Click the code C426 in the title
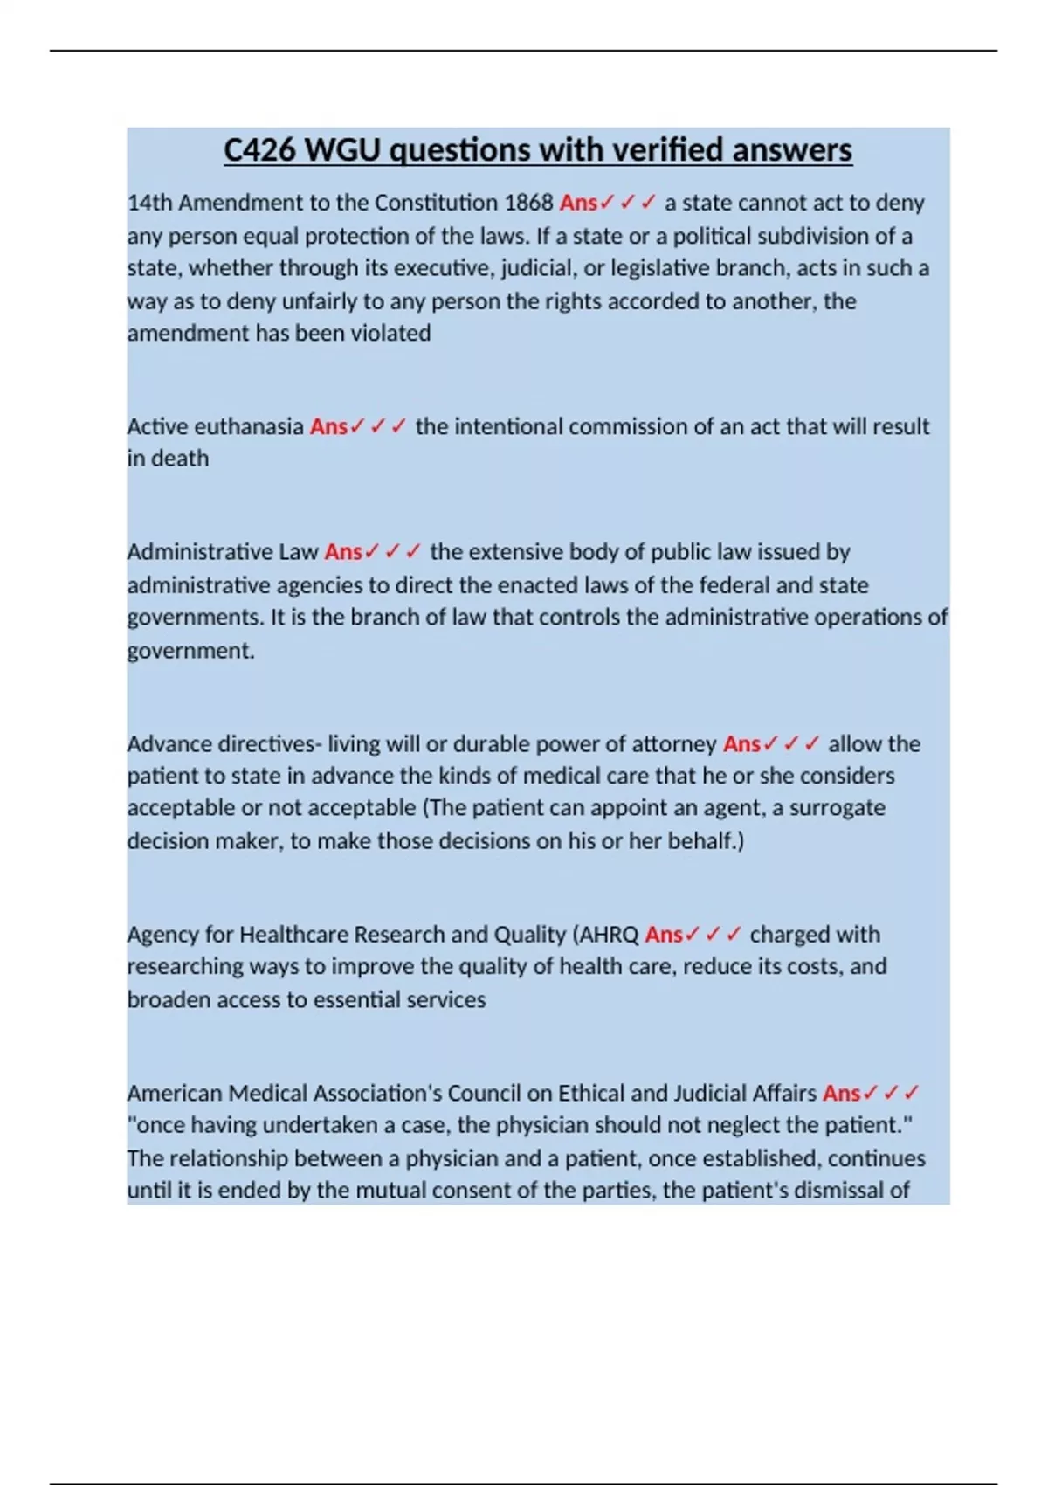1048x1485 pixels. [259, 150]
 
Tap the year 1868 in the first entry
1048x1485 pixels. [528, 203]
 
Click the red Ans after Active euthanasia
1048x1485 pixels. [328, 426]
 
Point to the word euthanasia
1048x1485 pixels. [248, 426]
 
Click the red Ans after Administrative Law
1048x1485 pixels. [343, 552]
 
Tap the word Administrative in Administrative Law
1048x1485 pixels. [199, 552]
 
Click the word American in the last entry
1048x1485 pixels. [169, 1094]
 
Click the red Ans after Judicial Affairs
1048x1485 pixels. [842, 1094]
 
